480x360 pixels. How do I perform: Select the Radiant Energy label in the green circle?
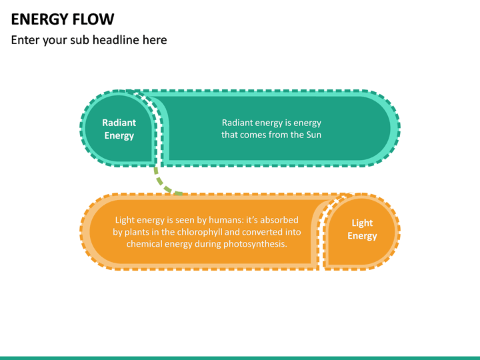point(119,129)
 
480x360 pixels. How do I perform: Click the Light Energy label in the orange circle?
point(362,229)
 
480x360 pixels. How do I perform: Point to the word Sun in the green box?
point(313,135)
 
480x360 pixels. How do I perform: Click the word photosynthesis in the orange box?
point(254,244)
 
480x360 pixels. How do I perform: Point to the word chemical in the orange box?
point(145,244)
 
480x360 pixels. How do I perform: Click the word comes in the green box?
point(256,135)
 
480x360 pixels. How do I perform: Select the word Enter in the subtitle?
point(25,40)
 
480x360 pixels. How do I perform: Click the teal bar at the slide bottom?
point(240,357)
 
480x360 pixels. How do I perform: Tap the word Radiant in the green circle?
point(119,123)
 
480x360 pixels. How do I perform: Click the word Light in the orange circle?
point(362,223)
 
